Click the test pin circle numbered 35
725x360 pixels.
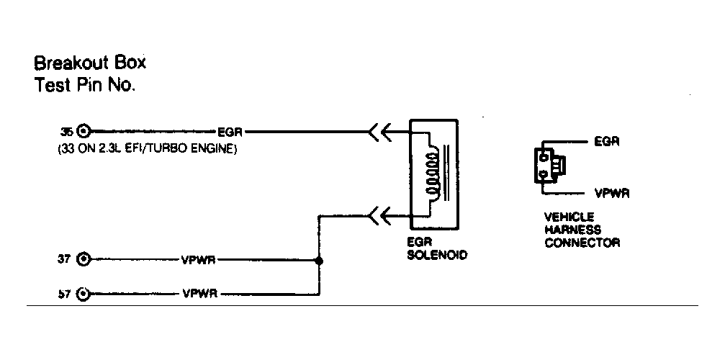(84, 132)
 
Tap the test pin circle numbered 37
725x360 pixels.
(84, 259)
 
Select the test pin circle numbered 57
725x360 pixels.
(84, 294)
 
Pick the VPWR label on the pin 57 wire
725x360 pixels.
(198, 294)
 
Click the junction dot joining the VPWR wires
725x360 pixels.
(318, 260)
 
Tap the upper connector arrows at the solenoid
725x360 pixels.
(379, 132)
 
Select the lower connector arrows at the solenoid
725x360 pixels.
(379, 214)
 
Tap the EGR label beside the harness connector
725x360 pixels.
(606, 141)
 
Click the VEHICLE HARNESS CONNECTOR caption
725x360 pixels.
(582, 230)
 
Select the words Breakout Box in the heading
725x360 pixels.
(90, 63)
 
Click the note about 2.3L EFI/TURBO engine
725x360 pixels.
(148, 150)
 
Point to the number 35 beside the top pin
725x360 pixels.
(66, 132)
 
